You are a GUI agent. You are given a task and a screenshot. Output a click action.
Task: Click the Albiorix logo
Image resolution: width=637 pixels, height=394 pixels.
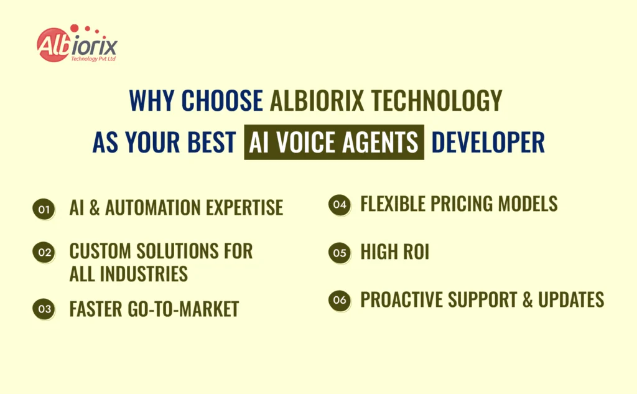coord(77,45)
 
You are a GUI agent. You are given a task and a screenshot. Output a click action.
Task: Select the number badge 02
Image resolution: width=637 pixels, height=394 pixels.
coord(42,252)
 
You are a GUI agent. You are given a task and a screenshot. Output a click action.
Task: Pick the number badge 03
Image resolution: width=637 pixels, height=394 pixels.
coord(42,309)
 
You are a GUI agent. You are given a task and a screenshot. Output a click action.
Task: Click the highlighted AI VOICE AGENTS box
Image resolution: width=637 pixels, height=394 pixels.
coord(334,143)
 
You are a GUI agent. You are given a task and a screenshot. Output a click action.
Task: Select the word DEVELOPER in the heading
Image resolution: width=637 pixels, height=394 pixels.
coord(488,143)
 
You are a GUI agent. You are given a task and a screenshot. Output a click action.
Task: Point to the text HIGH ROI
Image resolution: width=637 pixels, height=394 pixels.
coord(394,253)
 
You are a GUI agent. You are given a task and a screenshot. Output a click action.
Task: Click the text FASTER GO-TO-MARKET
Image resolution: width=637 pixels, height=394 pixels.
coord(154,309)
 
